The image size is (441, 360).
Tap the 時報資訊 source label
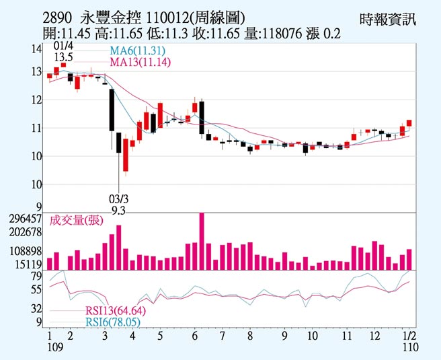click(388, 19)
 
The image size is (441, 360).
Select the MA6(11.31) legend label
click(138, 51)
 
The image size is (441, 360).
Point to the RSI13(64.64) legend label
click(115, 311)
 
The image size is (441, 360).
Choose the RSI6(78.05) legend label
click(112, 322)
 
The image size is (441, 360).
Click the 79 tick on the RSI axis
click(36, 276)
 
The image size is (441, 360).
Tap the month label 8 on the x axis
click(249, 335)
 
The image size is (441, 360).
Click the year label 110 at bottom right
click(409, 347)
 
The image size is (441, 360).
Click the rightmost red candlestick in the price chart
click(409, 123)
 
